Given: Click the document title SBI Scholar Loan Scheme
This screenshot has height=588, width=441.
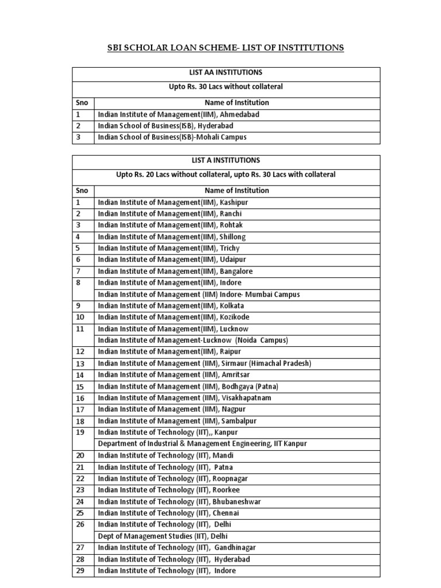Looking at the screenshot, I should (226, 48).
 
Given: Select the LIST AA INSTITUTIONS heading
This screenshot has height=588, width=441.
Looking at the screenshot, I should (226, 73).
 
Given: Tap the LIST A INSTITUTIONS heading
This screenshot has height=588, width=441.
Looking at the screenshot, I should (226, 160).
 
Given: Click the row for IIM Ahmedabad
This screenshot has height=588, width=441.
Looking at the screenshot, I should (179, 114).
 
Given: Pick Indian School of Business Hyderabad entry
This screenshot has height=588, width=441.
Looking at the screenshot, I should (166, 126).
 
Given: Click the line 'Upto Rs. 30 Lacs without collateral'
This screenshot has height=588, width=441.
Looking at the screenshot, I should (226, 87).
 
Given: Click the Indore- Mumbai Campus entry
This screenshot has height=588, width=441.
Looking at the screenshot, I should (199, 295).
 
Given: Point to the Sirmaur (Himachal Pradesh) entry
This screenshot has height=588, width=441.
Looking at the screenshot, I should (204, 363).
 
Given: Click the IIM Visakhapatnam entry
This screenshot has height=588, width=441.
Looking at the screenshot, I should (184, 398).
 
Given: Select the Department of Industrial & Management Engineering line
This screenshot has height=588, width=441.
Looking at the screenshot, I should (202, 444).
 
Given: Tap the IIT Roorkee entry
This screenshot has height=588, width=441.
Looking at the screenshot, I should (169, 490).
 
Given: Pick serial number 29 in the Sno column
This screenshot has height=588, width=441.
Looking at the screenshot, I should (80, 571).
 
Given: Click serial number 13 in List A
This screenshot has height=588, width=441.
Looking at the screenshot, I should (80, 363).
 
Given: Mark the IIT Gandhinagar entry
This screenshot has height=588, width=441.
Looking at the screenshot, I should (177, 548).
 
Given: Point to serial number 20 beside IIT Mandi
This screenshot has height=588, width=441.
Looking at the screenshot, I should (80, 455).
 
